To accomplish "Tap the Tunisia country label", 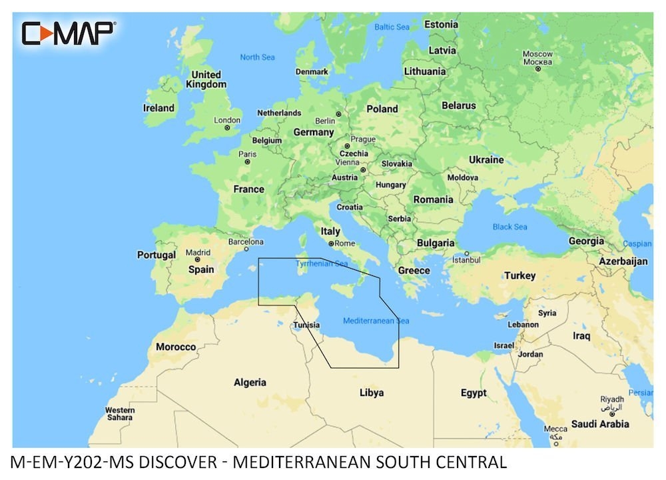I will [x=307, y=326].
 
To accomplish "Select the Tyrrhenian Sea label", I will [x=322, y=264].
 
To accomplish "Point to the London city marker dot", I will [x=227, y=127].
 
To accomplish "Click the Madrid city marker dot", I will [x=197, y=260].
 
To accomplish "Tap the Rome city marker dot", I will [x=331, y=243].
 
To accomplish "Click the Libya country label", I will [x=371, y=393].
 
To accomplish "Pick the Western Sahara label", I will [x=120, y=413].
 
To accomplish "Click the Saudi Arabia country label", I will [x=599, y=424].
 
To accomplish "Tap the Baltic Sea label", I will [x=392, y=27].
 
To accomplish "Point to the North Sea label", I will [x=257, y=57].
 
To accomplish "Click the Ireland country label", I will [x=159, y=108].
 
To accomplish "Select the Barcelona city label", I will [x=246, y=242].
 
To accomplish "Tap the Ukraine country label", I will [x=486, y=160].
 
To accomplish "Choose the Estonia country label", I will [x=441, y=25].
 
